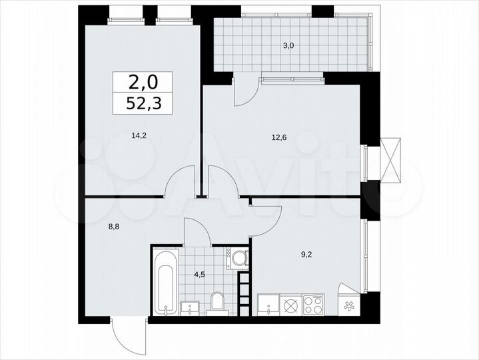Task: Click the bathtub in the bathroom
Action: click(x=166, y=281)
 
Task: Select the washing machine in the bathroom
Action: click(x=238, y=258)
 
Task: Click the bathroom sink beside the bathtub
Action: click(x=191, y=307)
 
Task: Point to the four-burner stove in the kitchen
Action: click(x=312, y=304)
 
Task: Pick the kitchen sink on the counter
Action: click(x=268, y=306)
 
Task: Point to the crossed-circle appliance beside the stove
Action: click(x=290, y=305)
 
